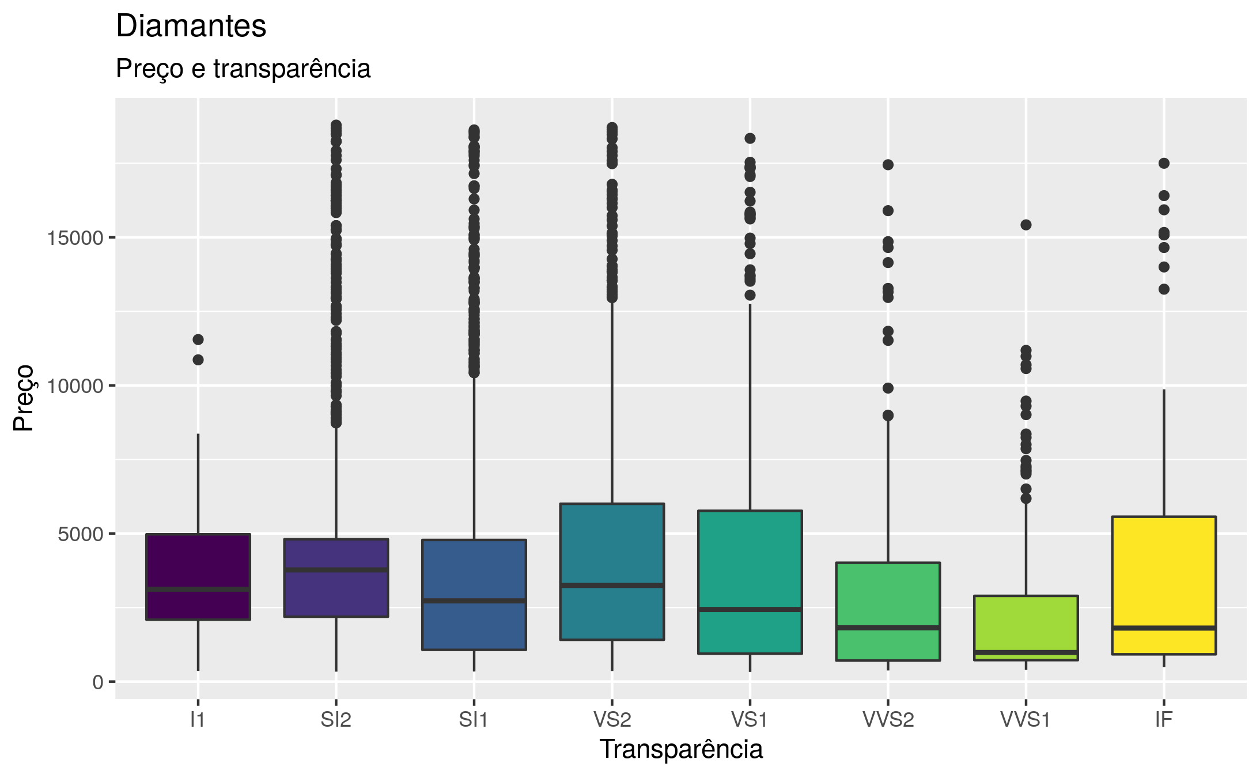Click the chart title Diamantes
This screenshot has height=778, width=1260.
click(x=191, y=26)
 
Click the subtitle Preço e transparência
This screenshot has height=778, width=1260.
click(x=243, y=69)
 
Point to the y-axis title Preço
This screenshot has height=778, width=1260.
click(x=24, y=398)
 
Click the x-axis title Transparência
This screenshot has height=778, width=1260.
click(x=680, y=749)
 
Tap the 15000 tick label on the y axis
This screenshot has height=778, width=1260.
click(x=75, y=238)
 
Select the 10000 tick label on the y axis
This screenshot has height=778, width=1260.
click(x=75, y=386)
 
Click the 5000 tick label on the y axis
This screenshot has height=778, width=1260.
click(x=80, y=534)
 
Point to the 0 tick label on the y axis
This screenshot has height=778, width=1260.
click(x=97, y=682)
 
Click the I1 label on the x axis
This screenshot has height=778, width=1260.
click(x=198, y=720)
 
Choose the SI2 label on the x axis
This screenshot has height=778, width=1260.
click(x=336, y=720)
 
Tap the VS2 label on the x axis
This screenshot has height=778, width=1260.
click(x=612, y=720)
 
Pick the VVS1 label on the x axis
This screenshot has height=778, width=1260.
click(x=1026, y=720)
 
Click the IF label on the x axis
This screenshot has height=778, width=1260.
click(x=1164, y=720)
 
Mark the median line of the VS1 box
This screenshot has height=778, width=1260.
click(x=750, y=609)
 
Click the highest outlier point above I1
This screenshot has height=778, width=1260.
click(x=198, y=339)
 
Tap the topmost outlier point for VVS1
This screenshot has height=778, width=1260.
click(x=1026, y=225)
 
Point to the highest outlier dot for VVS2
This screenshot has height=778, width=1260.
click(x=888, y=165)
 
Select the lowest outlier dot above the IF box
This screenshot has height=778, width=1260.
click(x=1164, y=289)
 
